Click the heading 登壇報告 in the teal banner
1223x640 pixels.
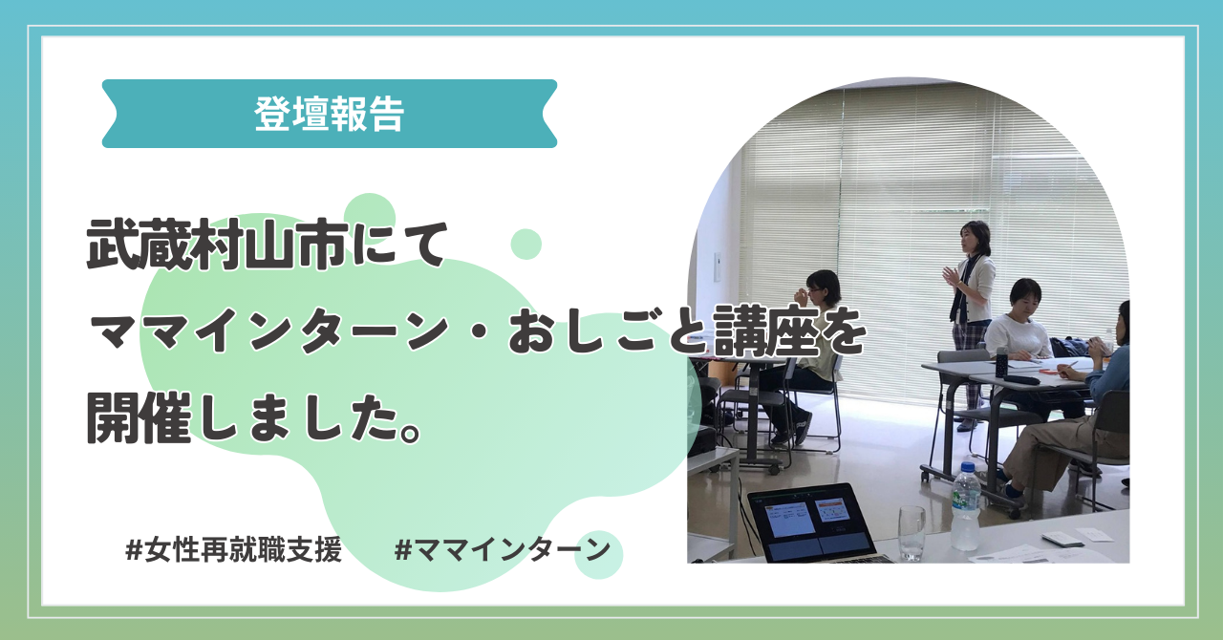point(329,114)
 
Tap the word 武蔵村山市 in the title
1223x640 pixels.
point(217,245)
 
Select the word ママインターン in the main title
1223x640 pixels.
point(269,330)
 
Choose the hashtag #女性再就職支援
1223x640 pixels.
point(234,549)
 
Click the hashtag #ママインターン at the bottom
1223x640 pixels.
point(503,549)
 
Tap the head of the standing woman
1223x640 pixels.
point(976,237)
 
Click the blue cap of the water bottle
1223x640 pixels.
point(968,468)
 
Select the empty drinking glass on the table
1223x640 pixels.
point(912,533)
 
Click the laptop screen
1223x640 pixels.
point(808,519)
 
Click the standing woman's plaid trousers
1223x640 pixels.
point(968,372)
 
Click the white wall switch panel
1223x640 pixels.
point(718,267)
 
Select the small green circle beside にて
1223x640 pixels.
point(526,245)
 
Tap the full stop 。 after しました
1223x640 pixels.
point(412,432)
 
